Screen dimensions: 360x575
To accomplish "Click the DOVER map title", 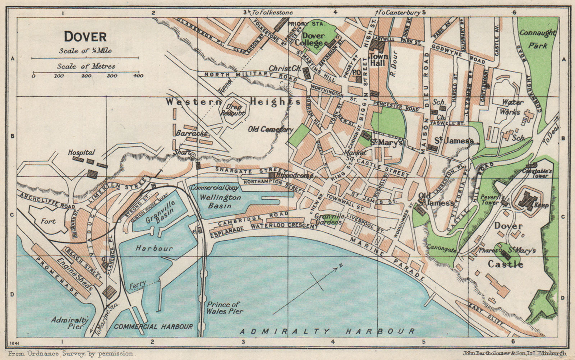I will (x=85, y=37).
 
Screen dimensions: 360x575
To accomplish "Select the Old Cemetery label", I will (x=271, y=129).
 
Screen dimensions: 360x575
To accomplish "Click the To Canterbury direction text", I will (x=401, y=13).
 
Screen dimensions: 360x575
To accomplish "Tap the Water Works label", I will (x=512, y=107).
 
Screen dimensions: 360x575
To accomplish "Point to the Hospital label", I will (x=81, y=153).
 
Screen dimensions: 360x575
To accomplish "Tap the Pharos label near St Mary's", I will (x=488, y=251).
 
